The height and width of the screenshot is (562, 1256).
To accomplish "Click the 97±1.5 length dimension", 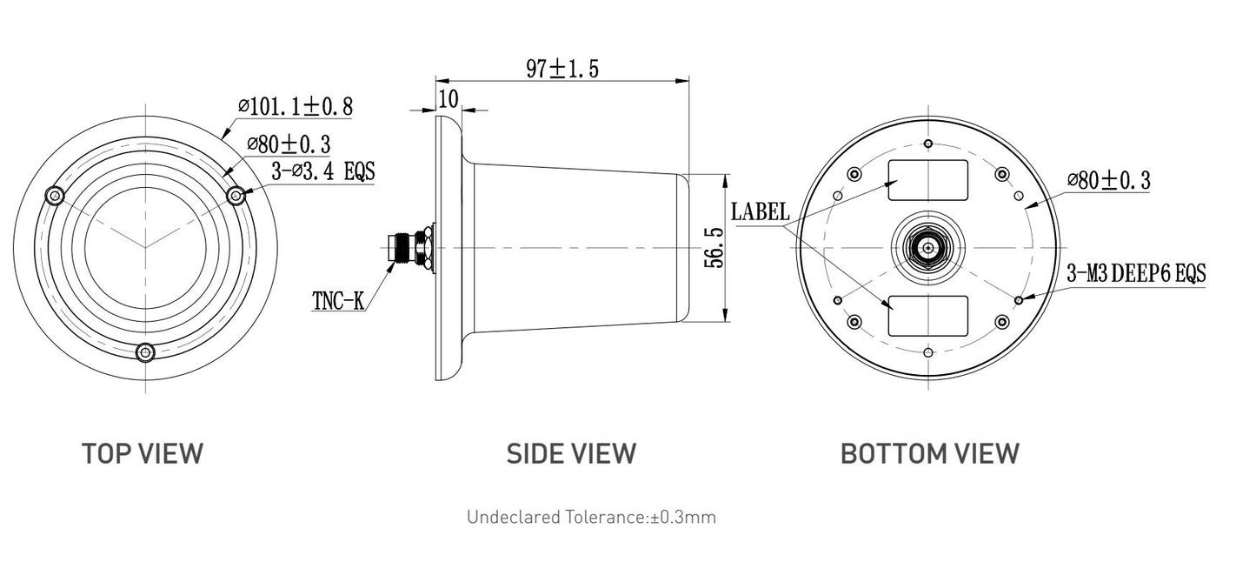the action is click(562, 69).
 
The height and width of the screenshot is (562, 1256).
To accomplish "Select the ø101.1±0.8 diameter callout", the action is click(296, 106).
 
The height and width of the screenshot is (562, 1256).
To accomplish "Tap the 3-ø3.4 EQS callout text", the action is click(323, 171).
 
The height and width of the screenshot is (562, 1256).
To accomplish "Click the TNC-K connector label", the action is click(338, 301).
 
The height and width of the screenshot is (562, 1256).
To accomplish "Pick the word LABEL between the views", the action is click(761, 211).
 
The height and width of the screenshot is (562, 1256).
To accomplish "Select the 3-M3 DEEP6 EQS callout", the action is click(1136, 273).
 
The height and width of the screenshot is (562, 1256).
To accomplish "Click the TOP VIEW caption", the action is click(143, 453).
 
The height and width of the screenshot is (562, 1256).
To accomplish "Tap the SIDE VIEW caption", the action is click(571, 453).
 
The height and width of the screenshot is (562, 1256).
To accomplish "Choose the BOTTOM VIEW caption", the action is click(930, 453).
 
